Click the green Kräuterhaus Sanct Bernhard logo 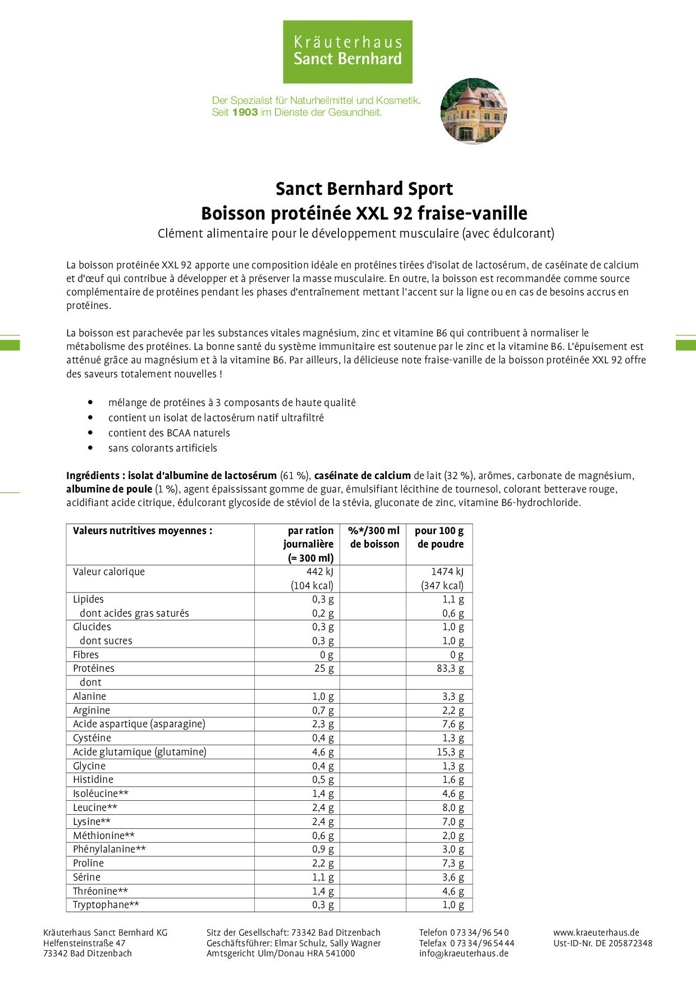(347, 52)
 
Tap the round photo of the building (474, 111)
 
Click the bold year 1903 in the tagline (245, 112)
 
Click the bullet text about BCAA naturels (169, 433)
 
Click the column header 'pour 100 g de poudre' (440, 537)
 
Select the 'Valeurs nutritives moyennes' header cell (143, 531)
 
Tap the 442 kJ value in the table (319, 572)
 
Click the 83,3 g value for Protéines (450, 668)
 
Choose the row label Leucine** (95, 808)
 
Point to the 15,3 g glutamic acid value (450, 752)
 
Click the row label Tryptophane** (106, 905)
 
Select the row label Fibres (86, 655)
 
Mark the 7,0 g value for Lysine (453, 822)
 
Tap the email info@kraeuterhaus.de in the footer (464, 953)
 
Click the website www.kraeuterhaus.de (596, 932)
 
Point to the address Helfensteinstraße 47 (84, 943)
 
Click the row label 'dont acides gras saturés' (134, 613)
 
